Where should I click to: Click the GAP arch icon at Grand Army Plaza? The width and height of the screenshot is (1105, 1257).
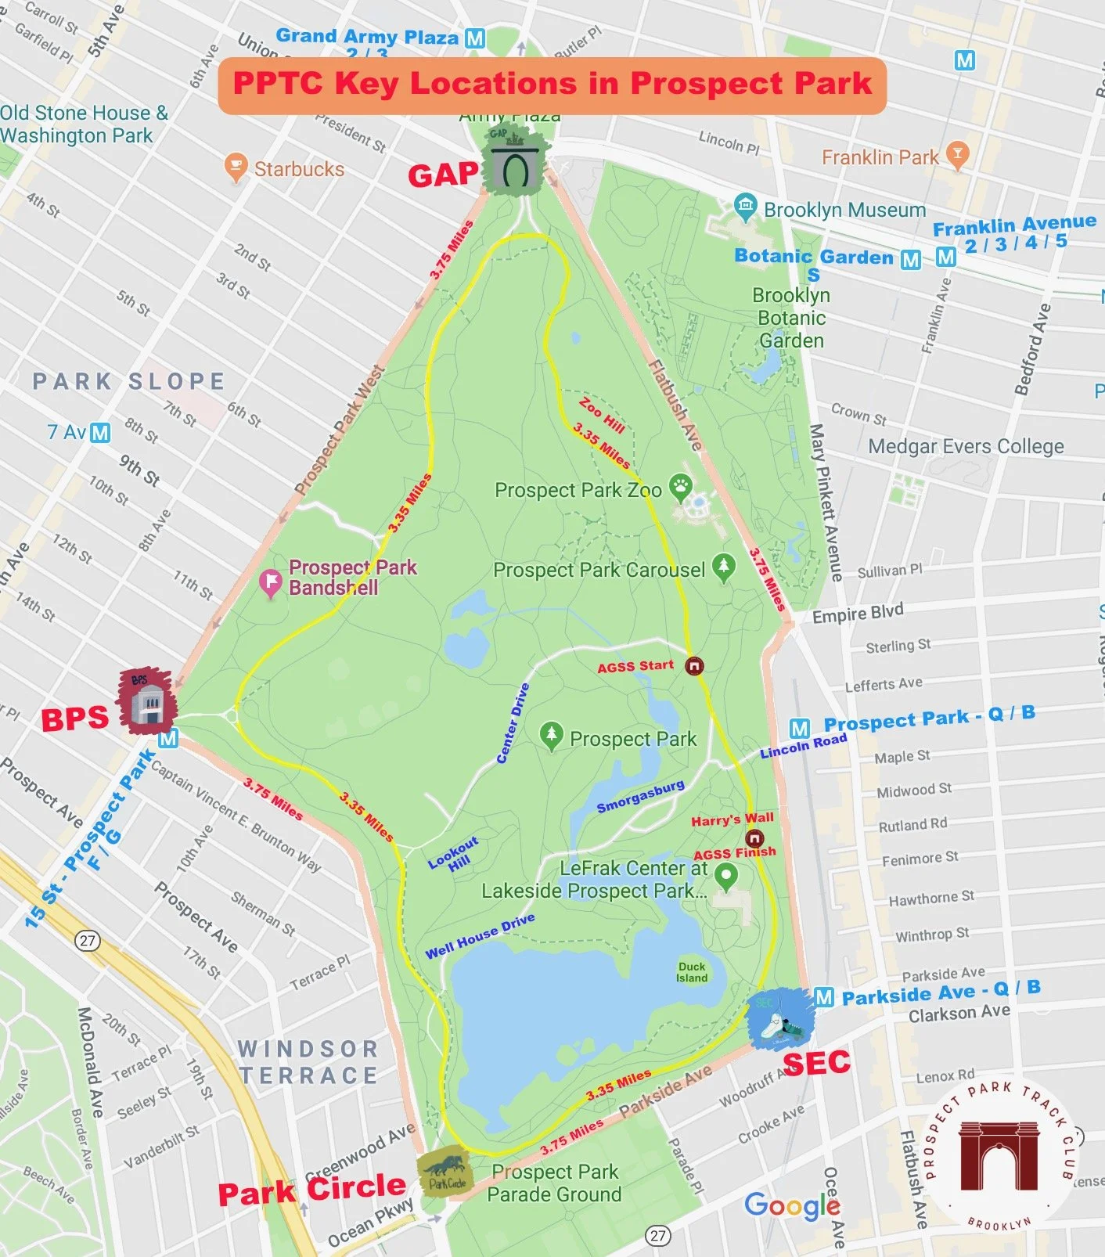point(513,164)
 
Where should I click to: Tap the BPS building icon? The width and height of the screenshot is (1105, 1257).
point(147,701)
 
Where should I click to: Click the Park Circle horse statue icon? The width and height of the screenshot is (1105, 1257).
point(444,1172)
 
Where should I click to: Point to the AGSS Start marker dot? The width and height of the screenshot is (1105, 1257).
point(694,666)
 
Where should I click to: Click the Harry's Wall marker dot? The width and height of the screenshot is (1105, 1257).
point(754,837)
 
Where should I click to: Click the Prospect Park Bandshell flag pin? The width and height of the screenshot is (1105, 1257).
point(271,582)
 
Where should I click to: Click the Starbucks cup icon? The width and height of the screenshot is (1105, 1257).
point(235,167)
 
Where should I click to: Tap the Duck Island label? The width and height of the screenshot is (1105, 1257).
point(692,972)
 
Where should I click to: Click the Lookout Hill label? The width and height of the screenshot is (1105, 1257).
point(455,855)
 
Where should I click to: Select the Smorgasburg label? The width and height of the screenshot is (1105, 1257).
point(640,796)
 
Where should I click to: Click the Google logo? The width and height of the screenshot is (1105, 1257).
point(792,1206)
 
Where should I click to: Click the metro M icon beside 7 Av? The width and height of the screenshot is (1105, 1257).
point(100,432)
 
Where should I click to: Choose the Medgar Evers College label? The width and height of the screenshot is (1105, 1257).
point(966,446)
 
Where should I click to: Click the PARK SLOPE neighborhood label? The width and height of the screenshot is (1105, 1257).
point(129,381)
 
